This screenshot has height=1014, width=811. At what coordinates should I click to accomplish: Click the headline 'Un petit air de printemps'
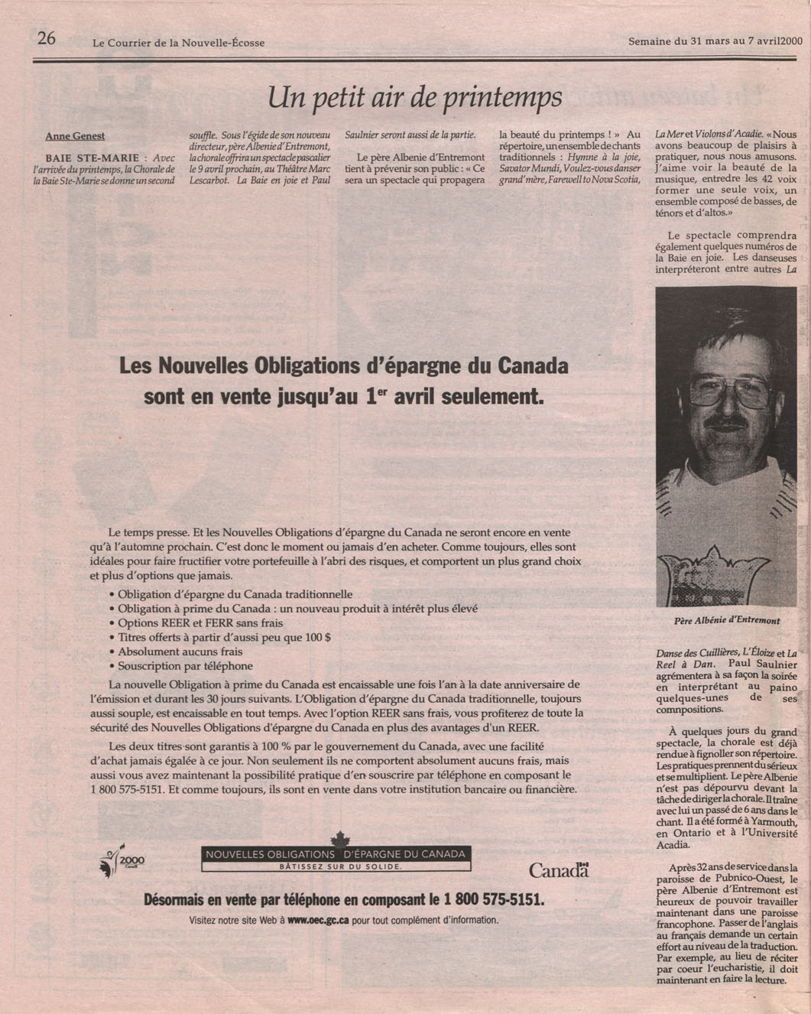click(x=415, y=96)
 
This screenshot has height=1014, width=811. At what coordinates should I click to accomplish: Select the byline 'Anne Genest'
click(x=75, y=136)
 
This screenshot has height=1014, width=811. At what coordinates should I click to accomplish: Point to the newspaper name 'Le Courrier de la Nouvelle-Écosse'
click(x=178, y=43)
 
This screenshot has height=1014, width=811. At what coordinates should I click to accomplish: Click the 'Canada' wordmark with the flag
click(x=560, y=869)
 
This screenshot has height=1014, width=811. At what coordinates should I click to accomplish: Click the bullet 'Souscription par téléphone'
click(x=185, y=666)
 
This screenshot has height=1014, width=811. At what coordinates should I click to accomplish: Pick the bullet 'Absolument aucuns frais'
click(x=180, y=652)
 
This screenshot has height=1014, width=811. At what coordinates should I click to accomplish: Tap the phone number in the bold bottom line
click(x=488, y=900)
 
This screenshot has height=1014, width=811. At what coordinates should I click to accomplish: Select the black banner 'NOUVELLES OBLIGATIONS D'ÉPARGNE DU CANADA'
click(x=336, y=853)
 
